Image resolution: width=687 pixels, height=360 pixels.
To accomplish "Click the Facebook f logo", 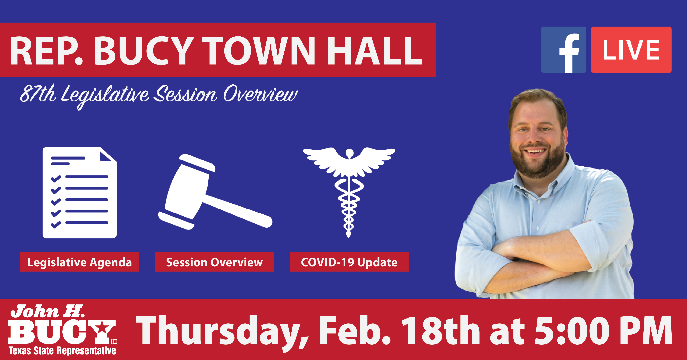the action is click(563, 50).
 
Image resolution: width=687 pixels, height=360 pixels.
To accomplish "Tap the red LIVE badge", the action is click(631, 50).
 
